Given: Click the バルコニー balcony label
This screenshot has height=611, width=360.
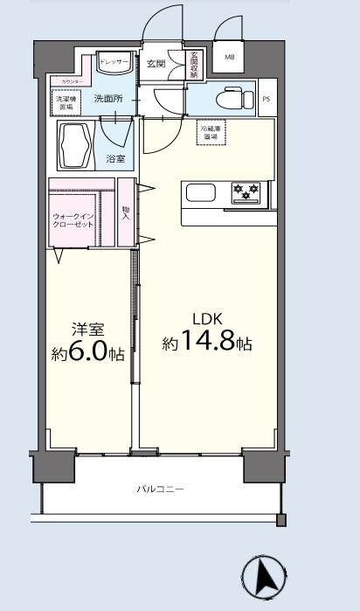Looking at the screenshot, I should (x=160, y=489).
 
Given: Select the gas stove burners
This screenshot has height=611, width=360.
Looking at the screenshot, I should (x=245, y=191).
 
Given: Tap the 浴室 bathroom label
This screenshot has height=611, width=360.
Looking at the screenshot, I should (x=115, y=158).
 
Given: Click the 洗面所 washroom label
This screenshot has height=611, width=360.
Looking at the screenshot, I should (x=109, y=100).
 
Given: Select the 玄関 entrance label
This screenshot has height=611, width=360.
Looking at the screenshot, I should (x=156, y=64).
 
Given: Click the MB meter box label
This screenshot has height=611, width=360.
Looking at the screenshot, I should (x=230, y=58).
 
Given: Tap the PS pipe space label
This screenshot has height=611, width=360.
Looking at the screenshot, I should (x=267, y=99).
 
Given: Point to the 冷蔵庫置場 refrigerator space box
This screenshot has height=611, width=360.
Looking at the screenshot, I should (x=210, y=134).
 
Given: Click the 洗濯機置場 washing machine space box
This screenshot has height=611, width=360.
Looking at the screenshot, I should (x=66, y=101).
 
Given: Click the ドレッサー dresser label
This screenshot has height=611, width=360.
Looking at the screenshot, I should (x=114, y=63).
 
